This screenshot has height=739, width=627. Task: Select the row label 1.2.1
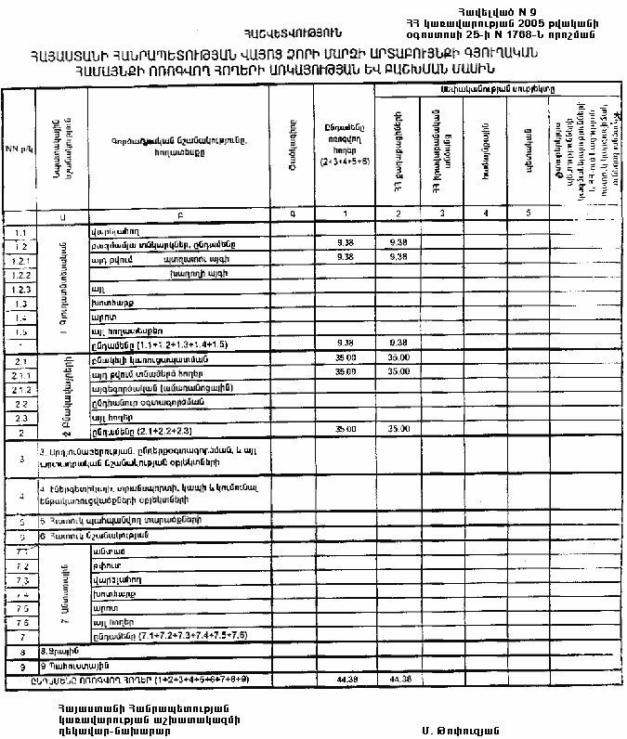pos(20,260)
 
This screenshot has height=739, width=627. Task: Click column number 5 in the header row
pos(526,214)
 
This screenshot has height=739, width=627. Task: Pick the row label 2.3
pos(20,419)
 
